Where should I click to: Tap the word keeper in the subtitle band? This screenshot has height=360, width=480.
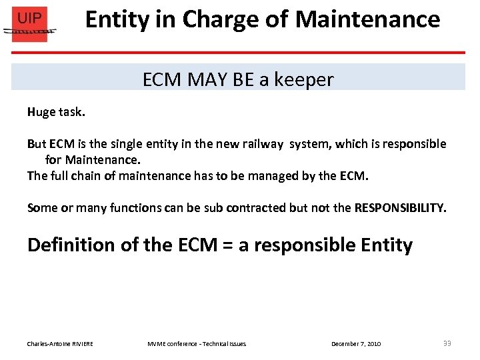click(305, 80)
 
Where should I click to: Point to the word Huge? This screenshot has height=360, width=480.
click(40, 112)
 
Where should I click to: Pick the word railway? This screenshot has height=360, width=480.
click(263, 144)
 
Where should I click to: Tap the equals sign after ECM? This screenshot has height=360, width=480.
click(227, 245)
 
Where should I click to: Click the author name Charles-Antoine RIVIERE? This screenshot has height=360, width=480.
click(60, 343)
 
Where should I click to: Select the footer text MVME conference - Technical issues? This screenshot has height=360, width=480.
click(197, 343)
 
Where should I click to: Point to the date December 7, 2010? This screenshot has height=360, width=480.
click(356, 343)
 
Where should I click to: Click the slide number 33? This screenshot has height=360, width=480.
click(447, 343)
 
